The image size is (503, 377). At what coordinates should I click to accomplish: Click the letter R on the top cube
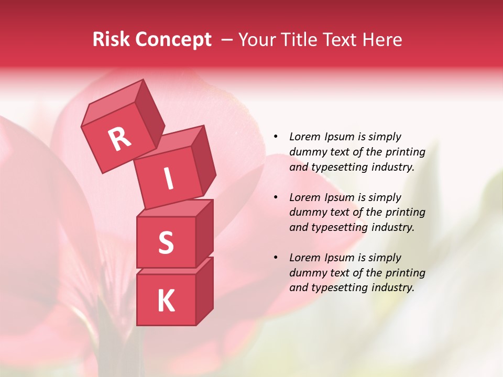point(119,139)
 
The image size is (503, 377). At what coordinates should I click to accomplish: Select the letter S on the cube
point(166,242)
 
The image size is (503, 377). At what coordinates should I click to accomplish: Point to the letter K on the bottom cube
point(166,301)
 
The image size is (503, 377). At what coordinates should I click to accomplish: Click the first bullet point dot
point(276,137)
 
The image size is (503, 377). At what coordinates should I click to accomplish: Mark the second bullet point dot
point(276,197)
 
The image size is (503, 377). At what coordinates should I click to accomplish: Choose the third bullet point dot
point(276,258)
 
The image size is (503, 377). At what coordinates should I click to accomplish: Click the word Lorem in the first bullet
point(304,137)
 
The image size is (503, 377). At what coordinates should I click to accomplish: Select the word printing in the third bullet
point(405,273)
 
